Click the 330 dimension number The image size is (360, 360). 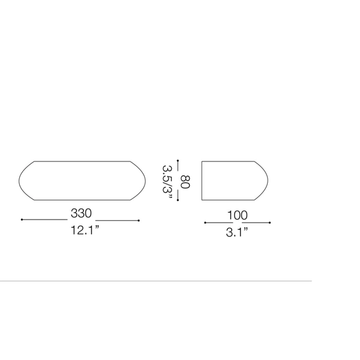81,213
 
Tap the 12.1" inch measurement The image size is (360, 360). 85,230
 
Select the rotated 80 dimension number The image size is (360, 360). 185,182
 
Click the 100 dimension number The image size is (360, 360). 238,215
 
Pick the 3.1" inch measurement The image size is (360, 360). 237,232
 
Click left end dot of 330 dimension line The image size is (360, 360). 22,220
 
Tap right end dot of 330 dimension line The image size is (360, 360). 139,220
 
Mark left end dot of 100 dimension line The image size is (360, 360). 205,223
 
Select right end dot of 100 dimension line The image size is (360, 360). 269,223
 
